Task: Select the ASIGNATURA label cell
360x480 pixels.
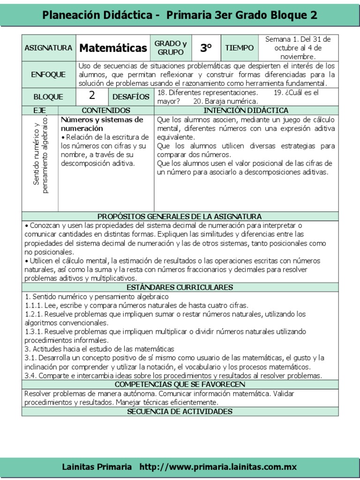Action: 48,48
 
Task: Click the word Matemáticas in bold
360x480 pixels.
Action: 113,48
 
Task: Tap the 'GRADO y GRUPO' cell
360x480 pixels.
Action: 171,48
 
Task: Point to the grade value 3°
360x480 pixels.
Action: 206,48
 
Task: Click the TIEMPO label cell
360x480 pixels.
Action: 239,48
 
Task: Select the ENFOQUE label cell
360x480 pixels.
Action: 48,75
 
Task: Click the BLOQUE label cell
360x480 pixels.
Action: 48,97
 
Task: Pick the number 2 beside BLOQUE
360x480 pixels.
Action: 92,96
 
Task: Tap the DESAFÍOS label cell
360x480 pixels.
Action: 131,97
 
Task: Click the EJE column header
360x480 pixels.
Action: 40,110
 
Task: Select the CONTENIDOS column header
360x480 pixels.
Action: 106,110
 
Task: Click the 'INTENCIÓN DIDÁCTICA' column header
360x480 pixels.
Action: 246,110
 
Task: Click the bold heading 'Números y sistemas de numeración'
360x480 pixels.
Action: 102,124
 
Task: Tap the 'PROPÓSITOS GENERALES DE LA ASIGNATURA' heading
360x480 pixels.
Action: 180,216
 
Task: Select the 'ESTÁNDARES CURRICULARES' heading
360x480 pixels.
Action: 180,287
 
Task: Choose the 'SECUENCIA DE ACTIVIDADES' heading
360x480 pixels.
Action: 180,412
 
